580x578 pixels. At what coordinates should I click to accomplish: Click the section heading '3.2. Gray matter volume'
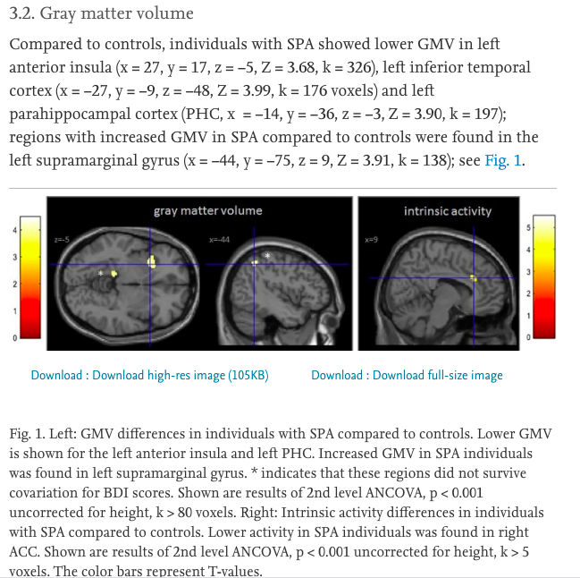(x=101, y=13)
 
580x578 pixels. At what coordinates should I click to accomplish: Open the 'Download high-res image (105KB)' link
(x=149, y=375)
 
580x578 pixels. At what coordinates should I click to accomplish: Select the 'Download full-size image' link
(x=407, y=375)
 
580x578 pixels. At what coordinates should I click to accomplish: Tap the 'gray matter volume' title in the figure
(x=207, y=210)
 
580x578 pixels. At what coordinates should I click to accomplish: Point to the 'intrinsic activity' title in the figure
(x=447, y=210)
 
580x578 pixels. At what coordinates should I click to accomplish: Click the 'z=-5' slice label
(x=62, y=240)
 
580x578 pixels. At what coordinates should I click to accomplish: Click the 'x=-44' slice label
(x=219, y=240)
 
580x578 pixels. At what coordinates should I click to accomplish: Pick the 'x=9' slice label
(x=372, y=240)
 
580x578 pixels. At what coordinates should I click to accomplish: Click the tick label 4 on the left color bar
(x=13, y=231)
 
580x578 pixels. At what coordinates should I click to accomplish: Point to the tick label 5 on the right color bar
(x=528, y=229)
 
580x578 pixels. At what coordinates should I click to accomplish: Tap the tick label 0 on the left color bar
(x=13, y=337)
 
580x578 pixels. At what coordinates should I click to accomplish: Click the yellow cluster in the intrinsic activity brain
(x=475, y=278)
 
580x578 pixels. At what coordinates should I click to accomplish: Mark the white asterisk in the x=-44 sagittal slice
(x=266, y=256)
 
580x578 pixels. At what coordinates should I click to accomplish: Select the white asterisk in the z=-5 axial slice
(x=101, y=271)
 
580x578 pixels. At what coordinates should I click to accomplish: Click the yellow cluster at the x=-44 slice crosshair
(x=255, y=262)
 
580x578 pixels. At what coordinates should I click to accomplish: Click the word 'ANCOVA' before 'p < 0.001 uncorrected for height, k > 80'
(x=375, y=493)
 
